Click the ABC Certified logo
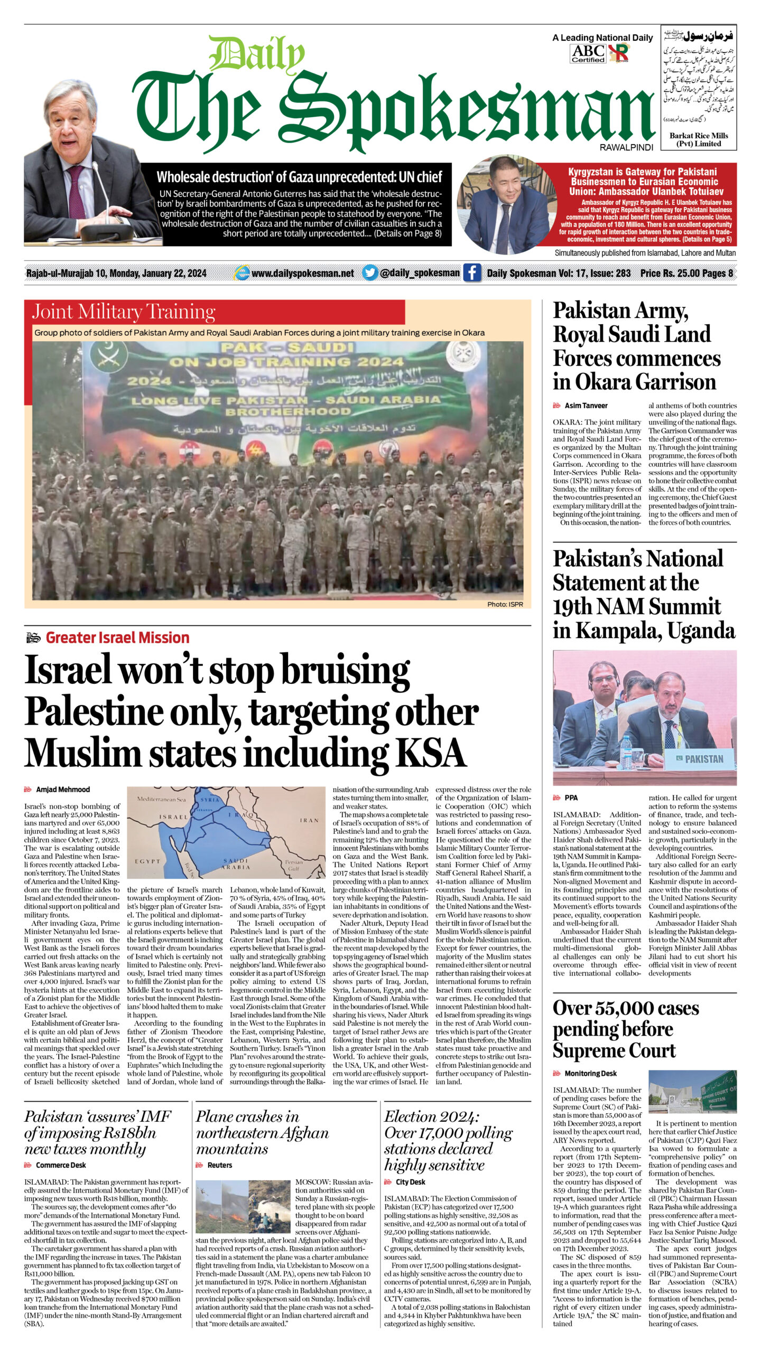pos(588,53)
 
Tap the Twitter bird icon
pos(370,273)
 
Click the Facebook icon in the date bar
pos(471,273)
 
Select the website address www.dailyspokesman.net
pos(303,273)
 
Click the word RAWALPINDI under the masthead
pos(626,147)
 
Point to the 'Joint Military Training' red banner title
pos(124,312)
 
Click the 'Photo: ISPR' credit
pos(505,604)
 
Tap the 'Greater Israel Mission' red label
pos(117,637)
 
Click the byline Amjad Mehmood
pos(63,790)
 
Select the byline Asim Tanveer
pos(586,406)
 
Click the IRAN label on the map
pos(309,820)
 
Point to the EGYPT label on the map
pos(147,861)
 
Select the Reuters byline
pos(220,1165)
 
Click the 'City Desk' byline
pos(410,1182)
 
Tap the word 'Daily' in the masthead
pos(256,54)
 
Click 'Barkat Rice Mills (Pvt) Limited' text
pos(699,139)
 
